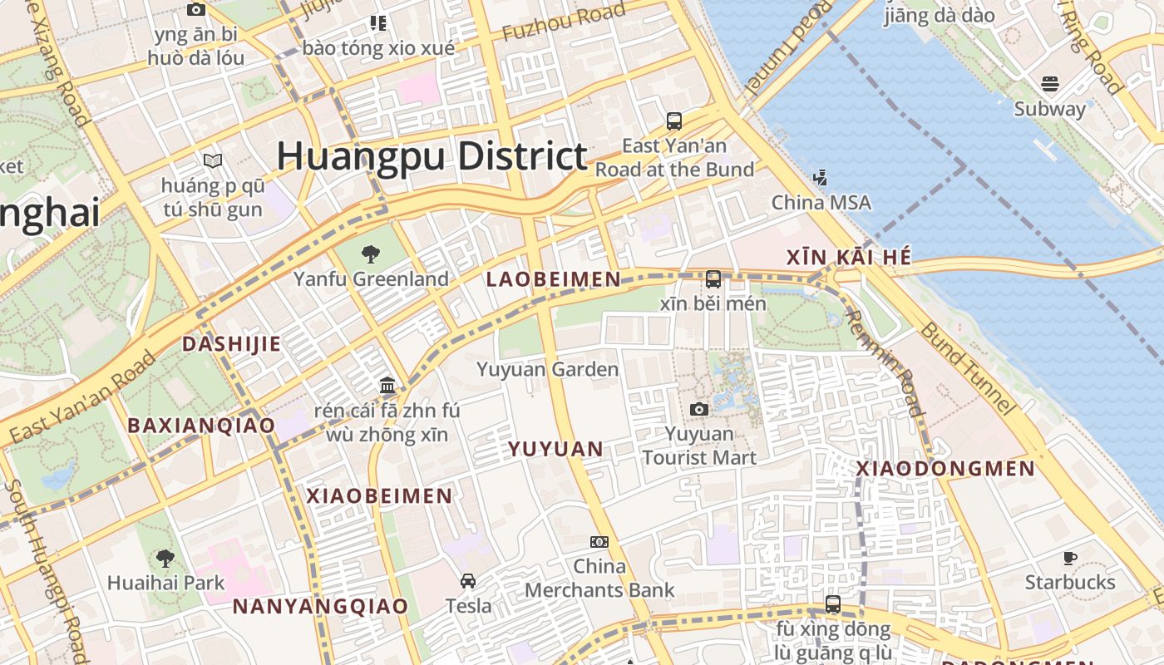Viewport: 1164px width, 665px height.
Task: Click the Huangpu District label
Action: (432, 156)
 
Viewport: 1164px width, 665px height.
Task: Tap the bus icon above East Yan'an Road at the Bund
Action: (674, 121)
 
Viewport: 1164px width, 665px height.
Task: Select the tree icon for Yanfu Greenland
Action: (371, 254)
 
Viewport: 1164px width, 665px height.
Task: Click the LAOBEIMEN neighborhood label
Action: (554, 280)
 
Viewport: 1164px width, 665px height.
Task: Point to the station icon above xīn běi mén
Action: (713, 279)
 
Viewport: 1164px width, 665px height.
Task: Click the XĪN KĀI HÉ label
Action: (849, 258)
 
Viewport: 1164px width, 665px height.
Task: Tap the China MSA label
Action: (821, 202)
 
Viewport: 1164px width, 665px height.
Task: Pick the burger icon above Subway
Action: (1049, 84)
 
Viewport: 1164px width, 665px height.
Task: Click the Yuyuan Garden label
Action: (548, 369)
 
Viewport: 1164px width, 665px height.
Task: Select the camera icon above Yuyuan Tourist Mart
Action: (699, 409)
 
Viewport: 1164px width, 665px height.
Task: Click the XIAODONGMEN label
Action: (946, 469)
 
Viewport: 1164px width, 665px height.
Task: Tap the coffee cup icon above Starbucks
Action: (1070, 558)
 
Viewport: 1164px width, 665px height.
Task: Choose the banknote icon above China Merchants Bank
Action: (599, 542)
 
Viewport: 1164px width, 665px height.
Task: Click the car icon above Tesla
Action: (468, 581)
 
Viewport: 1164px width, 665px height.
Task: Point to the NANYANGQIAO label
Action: (320, 606)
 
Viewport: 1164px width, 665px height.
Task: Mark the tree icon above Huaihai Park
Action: (165, 558)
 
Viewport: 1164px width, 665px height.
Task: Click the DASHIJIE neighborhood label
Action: (231, 344)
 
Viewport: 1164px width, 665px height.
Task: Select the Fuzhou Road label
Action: (564, 22)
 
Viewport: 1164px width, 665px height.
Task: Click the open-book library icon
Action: (213, 160)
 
